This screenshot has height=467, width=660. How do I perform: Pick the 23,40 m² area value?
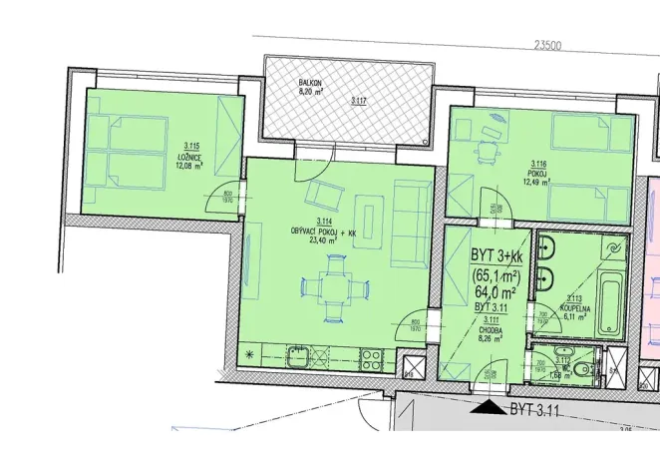coord(324,239)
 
